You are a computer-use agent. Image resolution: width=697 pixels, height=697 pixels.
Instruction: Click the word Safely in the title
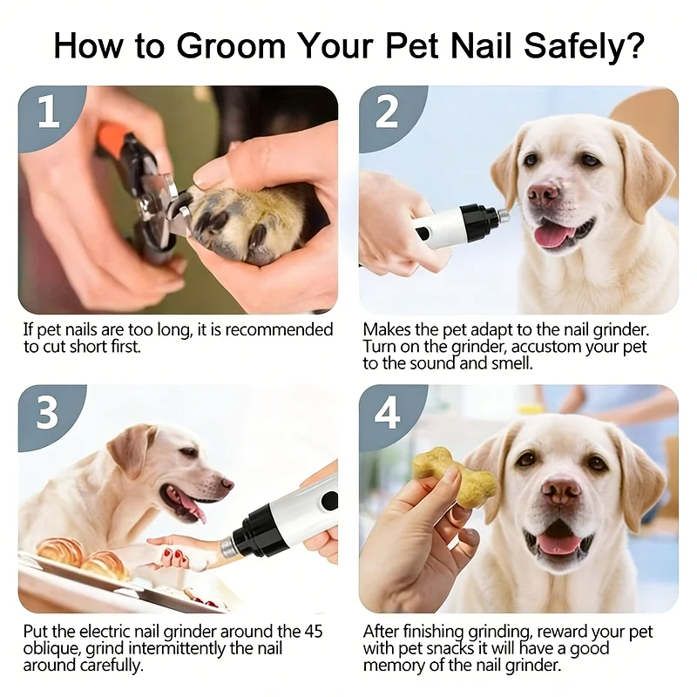584,47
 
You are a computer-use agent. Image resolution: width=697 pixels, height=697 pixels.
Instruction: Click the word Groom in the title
231,45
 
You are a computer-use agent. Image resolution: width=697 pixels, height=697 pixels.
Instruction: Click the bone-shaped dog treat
453,477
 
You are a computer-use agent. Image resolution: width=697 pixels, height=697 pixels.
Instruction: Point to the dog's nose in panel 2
543,193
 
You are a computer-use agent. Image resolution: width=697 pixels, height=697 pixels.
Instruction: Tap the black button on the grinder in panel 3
330,500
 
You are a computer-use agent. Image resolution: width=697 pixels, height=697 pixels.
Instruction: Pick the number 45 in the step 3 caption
314,631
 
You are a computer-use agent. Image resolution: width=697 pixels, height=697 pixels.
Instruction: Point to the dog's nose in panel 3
227,484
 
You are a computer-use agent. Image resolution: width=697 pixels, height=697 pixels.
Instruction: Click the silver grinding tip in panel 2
504,214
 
